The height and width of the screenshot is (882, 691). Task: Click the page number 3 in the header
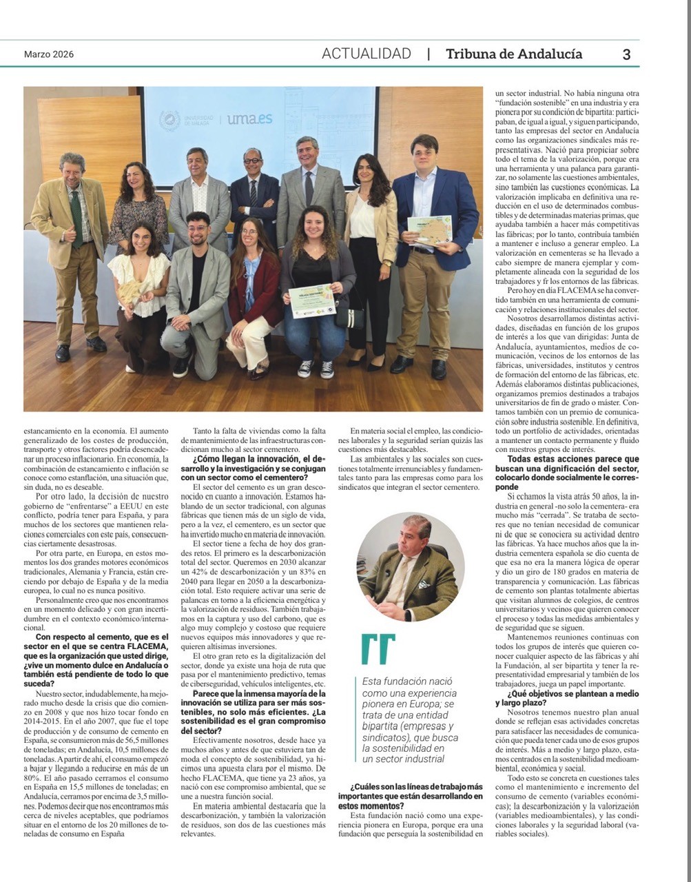(626, 54)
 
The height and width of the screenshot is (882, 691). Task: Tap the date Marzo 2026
(49, 54)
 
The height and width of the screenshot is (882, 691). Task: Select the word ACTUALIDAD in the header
(367, 54)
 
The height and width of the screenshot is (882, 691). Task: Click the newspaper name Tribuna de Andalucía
(514, 54)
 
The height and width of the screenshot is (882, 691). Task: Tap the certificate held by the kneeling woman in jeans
(311, 301)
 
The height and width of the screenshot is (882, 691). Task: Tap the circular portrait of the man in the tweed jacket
(410, 566)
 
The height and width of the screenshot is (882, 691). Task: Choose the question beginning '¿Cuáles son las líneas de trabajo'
(416, 796)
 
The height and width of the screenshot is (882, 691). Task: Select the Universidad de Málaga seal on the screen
(169, 121)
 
